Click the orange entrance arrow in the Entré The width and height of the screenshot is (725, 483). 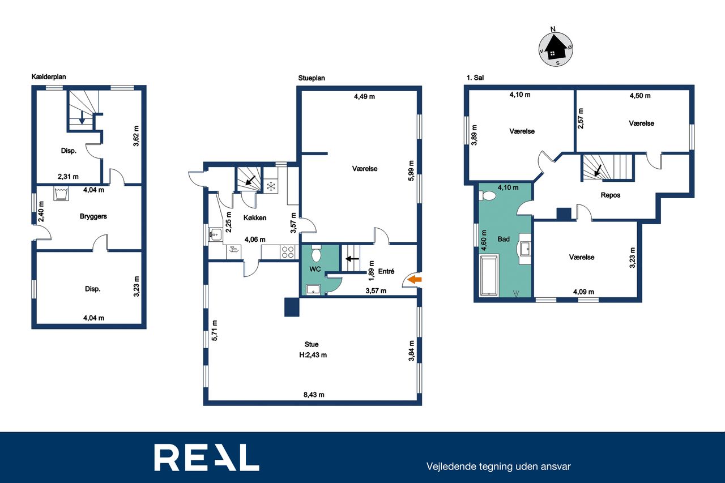[x=414, y=280]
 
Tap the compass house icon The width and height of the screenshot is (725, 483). [x=556, y=49]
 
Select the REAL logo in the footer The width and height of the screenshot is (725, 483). [x=207, y=458]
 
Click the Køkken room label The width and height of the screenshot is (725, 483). [x=255, y=218]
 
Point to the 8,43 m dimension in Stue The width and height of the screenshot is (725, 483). [x=314, y=395]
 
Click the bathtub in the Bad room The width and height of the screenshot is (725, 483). [x=489, y=275]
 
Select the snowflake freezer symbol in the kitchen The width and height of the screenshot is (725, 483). [x=271, y=186]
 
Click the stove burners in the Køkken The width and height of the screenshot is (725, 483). [x=288, y=252]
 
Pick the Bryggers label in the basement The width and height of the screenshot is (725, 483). [x=93, y=216]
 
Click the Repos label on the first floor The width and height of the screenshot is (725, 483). [x=611, y=195]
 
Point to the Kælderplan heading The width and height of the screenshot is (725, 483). [x=49, y=76]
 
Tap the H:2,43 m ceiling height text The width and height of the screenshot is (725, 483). [x=313, y=355]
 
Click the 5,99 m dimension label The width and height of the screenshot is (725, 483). [x=411, y=171]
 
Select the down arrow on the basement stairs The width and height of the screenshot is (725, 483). [x=82, y=117]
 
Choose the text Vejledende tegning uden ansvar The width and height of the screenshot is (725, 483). [x=498, y=467]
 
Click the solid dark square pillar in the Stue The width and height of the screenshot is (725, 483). [x=292, y=307]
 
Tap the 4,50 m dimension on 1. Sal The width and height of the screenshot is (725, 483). [x=640, y=96]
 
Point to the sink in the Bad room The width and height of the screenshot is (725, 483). [x=525, y=249]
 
